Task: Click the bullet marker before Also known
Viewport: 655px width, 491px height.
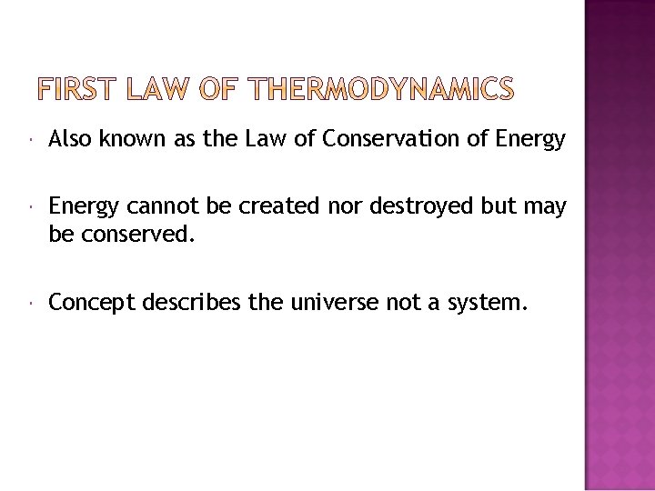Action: tap(32, 140)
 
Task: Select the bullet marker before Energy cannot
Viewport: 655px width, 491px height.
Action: tap(32, 207)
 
